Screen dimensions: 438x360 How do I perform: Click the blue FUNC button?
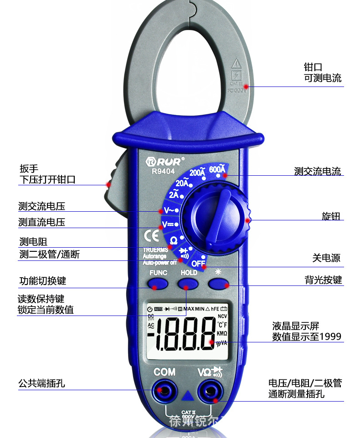click(x=158, y=284)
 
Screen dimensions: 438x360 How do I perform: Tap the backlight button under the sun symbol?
click(x=218, y=284)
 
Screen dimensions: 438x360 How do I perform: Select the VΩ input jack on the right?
click(x=211, y=390)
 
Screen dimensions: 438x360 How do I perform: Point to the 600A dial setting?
click(x=217, y=170)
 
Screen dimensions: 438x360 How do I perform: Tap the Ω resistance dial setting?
click(x=174, y=239)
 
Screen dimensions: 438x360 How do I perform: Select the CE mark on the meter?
click(x=151, y=236)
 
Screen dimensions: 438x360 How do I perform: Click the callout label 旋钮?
click(x=331, y=216)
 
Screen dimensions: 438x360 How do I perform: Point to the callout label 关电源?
click(x=326, y=258)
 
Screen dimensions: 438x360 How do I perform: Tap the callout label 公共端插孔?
click(x=41, y=383)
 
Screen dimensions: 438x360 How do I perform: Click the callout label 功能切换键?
click(x=42, y=280)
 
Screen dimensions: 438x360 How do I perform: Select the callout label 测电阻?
click(x=33, y=241)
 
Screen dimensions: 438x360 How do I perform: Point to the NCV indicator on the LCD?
click(x=222, y=316)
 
